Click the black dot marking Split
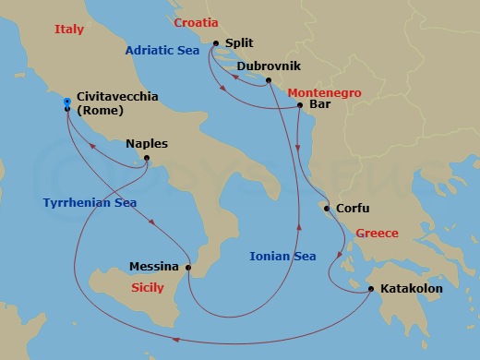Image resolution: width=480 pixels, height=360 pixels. click(x=215, y=43)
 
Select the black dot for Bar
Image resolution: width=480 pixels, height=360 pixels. click(x=300, y=106)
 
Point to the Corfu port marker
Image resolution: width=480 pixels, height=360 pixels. click(x=325, y=209)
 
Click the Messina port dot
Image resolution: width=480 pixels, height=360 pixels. click(x=187, y=269)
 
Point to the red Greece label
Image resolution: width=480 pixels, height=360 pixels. click(x=377, y=233)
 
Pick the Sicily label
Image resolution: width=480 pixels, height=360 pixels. click(x=150, y=288)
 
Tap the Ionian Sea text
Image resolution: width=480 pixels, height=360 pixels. click(x=281, y=256)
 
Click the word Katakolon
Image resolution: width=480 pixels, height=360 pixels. click(x=412, y=289)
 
